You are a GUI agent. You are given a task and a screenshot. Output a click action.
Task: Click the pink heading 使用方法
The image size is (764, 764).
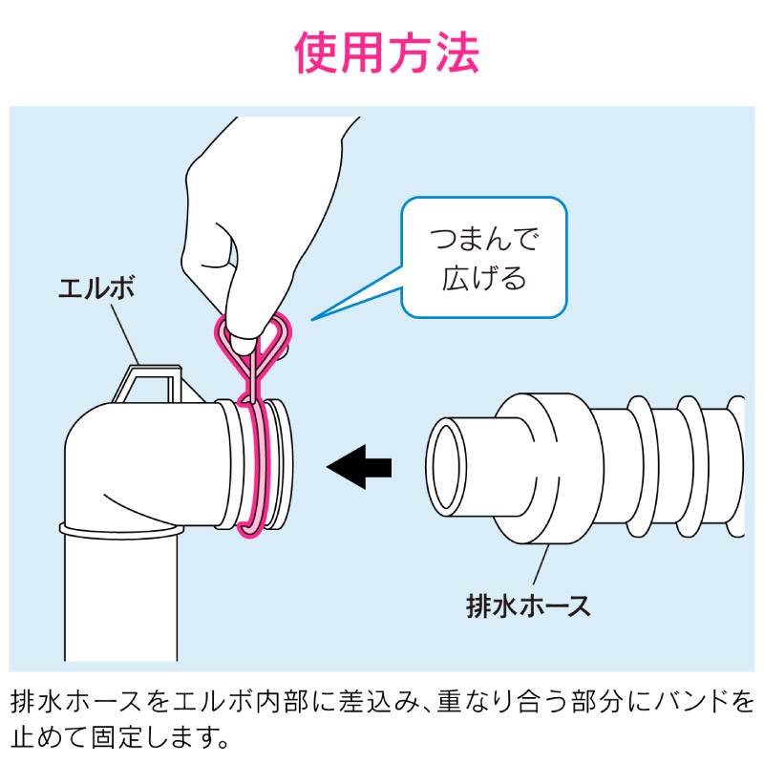(x=387, y=53)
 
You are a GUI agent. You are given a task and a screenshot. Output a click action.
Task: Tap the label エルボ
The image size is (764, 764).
(x=96, y=288)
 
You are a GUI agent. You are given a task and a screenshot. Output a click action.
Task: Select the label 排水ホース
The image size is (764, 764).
(x=528, y=606)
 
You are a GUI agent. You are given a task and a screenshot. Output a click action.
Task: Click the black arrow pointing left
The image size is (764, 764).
(x=360, y=467)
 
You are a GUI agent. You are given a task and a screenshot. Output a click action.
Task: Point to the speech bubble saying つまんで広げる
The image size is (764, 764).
(x=484, y=257)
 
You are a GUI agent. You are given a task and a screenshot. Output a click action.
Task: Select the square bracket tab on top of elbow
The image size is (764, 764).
(x=146, y=384)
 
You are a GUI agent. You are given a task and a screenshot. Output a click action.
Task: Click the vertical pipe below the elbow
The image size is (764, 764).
(x=121, y=599)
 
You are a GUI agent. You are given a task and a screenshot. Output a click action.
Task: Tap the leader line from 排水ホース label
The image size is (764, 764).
(x=541, y=564)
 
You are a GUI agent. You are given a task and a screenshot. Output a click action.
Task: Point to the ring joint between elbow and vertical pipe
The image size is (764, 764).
(x=122, y=530)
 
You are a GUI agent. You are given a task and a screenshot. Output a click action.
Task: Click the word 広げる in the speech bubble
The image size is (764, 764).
(x=484, y=278)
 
